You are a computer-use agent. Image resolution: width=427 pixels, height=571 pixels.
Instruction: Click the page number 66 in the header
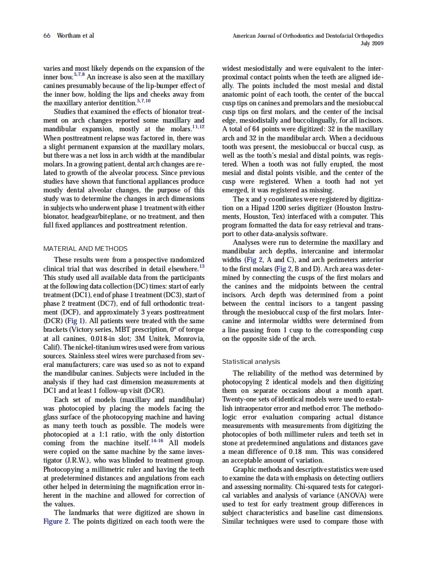tap(46, 36)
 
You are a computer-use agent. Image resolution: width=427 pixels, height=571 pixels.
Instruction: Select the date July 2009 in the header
tap(371, 44)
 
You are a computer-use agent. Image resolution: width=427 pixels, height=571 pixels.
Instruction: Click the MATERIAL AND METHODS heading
tap(86, 249)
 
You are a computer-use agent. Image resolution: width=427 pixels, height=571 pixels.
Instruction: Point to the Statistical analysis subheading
tap(251, 362)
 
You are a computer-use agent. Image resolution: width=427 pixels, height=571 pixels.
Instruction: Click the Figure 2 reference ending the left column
tap(57, 522)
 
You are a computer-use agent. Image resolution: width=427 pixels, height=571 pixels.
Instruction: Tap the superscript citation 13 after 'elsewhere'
tap(202, 266)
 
